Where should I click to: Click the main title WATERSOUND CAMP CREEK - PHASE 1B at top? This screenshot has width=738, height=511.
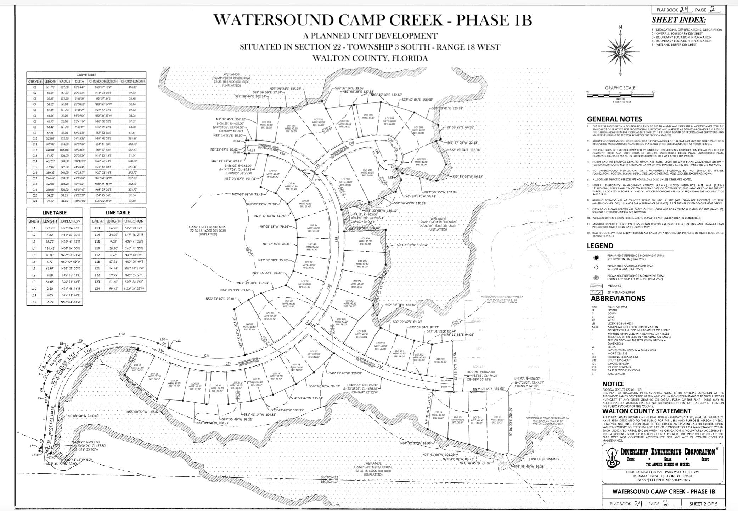coord(373,20)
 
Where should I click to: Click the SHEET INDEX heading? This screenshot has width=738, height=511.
coord(678,20)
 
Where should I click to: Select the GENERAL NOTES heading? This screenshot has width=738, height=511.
coord(614,119)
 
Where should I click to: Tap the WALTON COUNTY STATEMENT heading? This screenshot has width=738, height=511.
coord(647,411)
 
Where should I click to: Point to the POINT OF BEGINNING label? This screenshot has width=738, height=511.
coord(543,459)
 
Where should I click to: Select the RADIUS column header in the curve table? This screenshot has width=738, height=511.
coord(64,81)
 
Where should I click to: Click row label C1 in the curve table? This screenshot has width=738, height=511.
coord(35,87)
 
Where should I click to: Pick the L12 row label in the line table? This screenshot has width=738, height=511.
coord(34,302)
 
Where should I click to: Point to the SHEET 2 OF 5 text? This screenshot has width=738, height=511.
coord(703,504)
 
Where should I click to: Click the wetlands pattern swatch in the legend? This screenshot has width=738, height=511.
coord(596,286)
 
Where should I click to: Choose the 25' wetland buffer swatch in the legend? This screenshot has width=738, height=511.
coord(596,293)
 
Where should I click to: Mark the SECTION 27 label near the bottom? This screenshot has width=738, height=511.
coord(329,482)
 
